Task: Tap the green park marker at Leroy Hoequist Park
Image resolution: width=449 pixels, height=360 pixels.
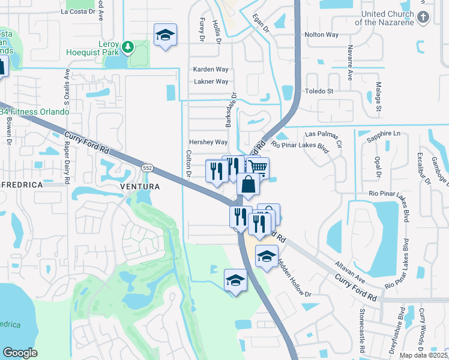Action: (x=127, y=47)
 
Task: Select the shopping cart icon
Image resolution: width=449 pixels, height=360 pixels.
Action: (x=258, y=167)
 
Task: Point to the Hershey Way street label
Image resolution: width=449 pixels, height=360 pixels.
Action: (x=208, y=142)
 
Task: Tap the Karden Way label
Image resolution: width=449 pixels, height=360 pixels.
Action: (x=210, y=69)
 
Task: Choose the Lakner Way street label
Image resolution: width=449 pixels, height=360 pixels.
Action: (x=210, y=82)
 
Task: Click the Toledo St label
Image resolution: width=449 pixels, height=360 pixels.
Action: (x=321, y=91)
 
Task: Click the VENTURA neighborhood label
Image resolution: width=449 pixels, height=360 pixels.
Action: (x=140, y=187)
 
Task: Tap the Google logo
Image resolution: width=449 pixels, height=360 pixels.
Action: (x=20, y=353)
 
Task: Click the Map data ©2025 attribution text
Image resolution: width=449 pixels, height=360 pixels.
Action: (x=423, y=355)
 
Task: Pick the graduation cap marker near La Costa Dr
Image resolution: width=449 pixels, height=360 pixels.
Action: (x=164, y=35)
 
